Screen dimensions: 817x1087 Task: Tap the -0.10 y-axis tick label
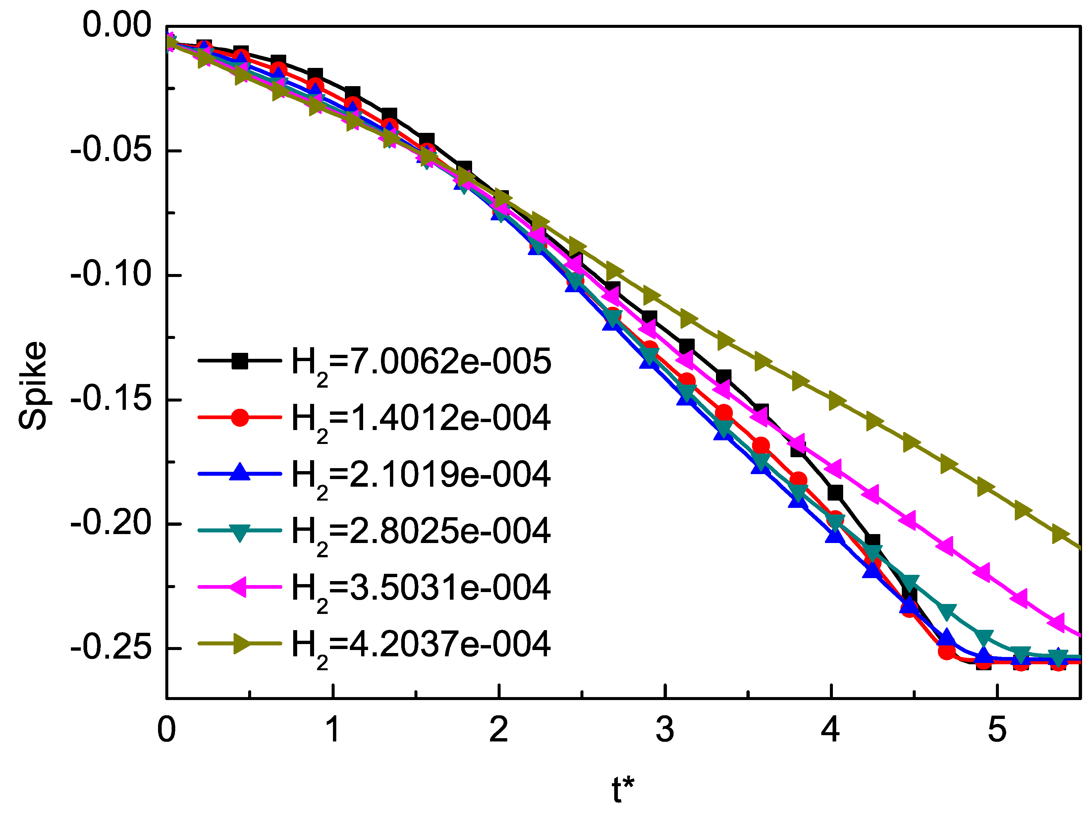click(x=111, y=274)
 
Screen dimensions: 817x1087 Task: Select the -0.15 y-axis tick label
click(x=111, y=399)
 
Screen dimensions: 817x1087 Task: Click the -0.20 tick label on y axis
click(x=111, y=523)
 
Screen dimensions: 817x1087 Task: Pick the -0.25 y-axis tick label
click(x=111, y=647)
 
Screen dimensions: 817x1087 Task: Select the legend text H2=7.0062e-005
click(x=421, y=362)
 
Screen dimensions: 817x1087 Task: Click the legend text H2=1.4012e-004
click(x=421, y=419)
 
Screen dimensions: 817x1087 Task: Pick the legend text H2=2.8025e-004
click(x=421, y=532)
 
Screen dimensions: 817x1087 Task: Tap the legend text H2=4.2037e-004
click(x=421, y=645)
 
